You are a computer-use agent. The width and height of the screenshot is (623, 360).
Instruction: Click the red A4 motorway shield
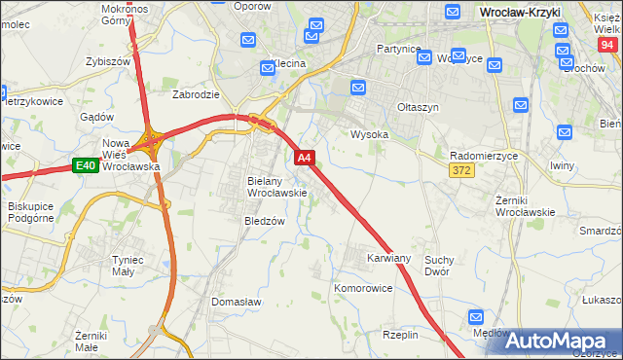point(305,158)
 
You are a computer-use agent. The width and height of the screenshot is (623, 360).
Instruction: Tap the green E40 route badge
point(85,166)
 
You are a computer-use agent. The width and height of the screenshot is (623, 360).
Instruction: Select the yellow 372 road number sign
point(462,170)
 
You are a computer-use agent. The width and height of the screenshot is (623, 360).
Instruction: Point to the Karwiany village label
point(388,259)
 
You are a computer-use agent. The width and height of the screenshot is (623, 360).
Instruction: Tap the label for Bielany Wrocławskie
point(277,187)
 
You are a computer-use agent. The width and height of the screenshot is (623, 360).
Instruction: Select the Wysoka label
point(369,135)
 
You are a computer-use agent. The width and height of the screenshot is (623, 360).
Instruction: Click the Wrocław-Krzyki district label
point(530,11)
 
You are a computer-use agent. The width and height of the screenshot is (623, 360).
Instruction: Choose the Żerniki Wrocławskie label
point(525,205)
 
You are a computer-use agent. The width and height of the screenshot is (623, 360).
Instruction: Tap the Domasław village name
point(237,303)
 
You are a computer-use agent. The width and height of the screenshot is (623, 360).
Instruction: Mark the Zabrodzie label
point(195,95)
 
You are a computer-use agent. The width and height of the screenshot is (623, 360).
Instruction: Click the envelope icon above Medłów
point(476,317)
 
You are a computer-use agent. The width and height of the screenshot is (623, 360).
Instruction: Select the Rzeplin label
point(400,335)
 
